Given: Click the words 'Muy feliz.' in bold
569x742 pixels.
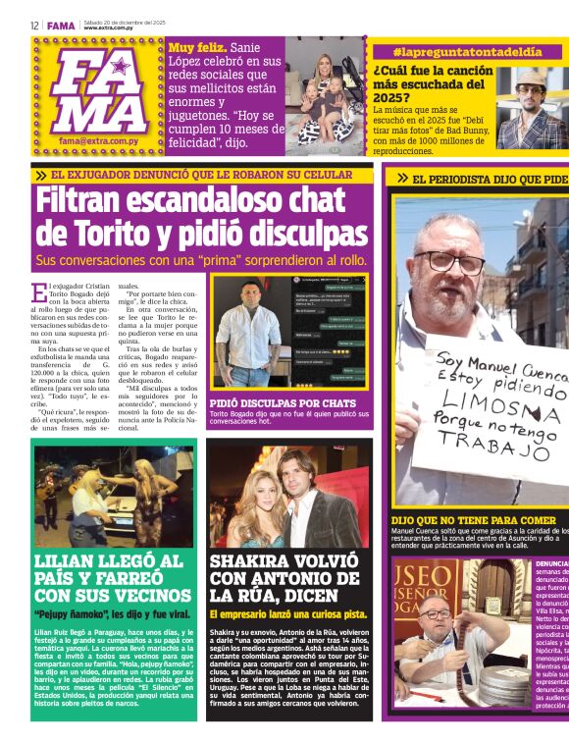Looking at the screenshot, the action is coord(195,46).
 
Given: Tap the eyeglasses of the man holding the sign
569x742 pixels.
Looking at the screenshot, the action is coord(450,262).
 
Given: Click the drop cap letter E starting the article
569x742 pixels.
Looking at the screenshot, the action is coord(38,292).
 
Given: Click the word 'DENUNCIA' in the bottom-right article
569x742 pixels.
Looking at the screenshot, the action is coord(550,564).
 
